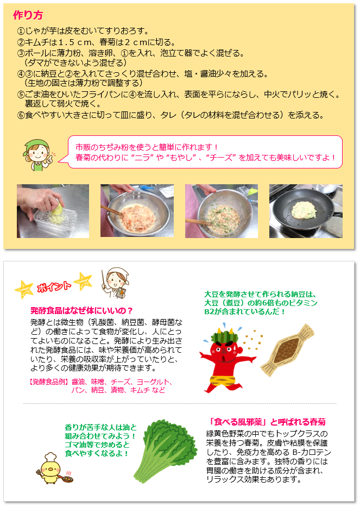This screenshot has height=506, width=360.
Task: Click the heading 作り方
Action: click(28, 15)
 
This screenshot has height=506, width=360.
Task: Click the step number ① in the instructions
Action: click(21, 31)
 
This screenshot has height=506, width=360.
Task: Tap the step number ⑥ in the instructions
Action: click(21, 115)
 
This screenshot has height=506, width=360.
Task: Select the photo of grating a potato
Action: click(53, 211)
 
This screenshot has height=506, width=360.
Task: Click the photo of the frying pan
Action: click(306, 211)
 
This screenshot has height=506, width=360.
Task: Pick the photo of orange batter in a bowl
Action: click(137, 211)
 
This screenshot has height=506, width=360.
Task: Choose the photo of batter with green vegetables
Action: click(221, 211)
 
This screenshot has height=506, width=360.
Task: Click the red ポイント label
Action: click(53, 286)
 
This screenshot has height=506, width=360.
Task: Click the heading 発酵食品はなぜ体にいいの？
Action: click(82, 311)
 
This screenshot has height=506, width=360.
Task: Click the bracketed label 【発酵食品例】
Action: click(46, 382)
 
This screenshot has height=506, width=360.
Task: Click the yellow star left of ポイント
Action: click(23, 289)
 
